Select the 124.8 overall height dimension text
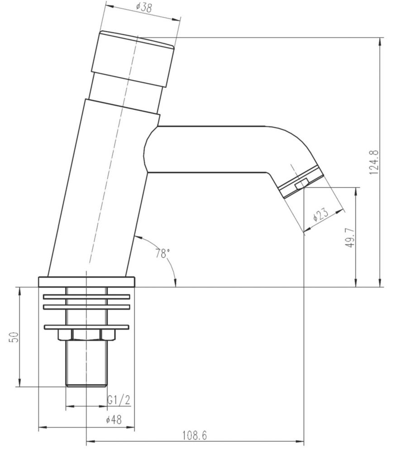(373, 162)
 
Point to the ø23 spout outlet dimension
(321, 214)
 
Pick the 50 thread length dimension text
(14, 337)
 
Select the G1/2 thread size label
(119, 400)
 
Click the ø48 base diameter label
(114, 420)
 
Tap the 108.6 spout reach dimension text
(195, 435)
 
